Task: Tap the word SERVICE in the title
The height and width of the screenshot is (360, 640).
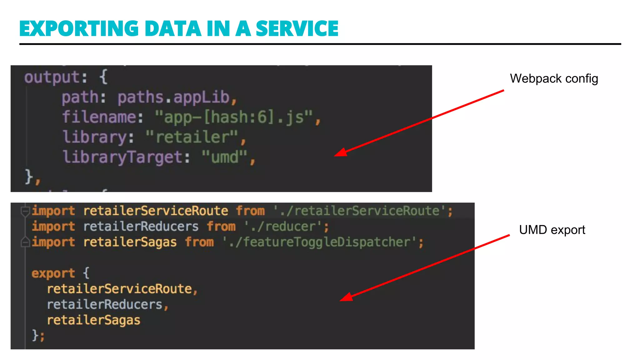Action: pyautogui.click(x=297, y=29)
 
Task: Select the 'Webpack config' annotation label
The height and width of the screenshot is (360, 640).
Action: pyautogui.click(x=554, y=78)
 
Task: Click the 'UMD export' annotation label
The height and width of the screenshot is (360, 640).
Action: pyautogui.click(x=552, y=230)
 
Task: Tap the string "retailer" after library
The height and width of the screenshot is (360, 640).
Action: pyautogui.click(x=192, y=137)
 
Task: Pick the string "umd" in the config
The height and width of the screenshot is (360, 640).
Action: pyautogui.click(x=224, y=157)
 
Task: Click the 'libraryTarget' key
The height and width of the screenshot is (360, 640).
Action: pyautogui.click(x=122, y=157)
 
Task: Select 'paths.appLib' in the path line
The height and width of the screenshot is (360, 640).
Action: pyautogui.click(x=173, y=97)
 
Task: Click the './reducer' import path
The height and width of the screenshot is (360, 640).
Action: pyautogui.click(x=283, y=227)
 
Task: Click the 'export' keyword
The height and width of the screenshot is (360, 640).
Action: pyautogui.click(x=53, y=273)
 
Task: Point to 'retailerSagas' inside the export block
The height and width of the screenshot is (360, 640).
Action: pyautogui.click(x=93, y=320)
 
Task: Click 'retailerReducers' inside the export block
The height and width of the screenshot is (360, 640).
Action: pyautogui.click(x=104, y=305)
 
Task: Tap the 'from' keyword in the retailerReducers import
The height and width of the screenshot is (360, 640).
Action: pyautogui.click(x=221, y=227)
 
